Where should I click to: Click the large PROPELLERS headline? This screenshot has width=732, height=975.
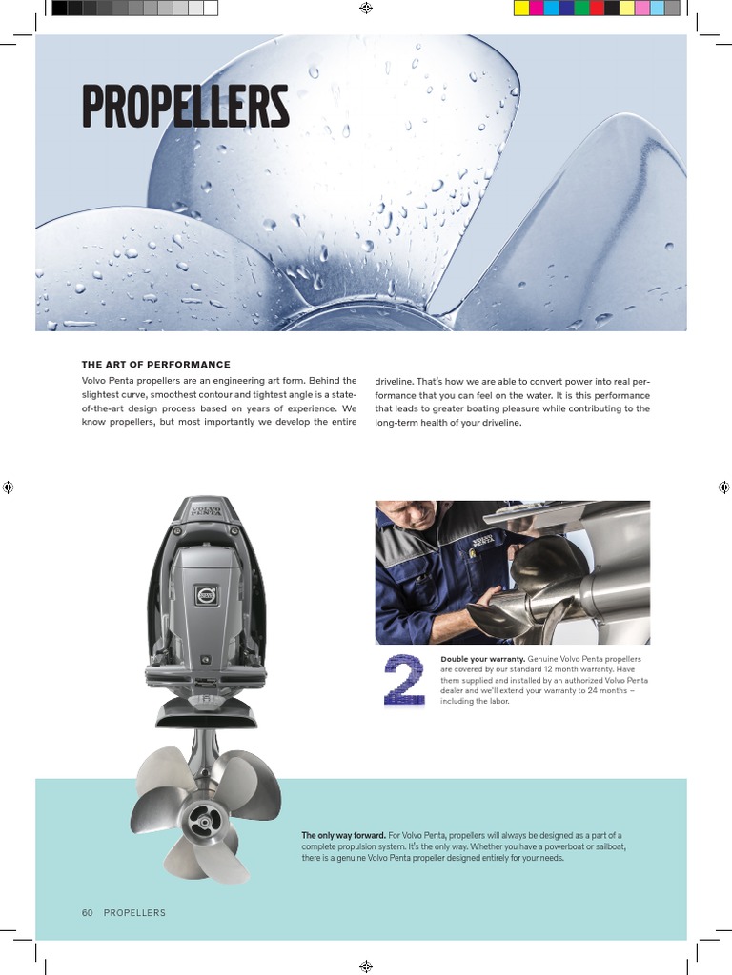tap(185, 107)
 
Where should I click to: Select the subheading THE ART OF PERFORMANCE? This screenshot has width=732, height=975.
tap(156, 365)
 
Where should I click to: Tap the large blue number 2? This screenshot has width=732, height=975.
tap(404, 680)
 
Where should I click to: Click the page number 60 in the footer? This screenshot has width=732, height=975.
tap(87, 913)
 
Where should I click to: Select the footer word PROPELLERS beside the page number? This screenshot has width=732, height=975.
tap(134, 913)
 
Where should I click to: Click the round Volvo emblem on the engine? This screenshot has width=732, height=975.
tap(207, 595)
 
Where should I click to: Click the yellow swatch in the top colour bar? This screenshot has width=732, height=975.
tap(521, 9)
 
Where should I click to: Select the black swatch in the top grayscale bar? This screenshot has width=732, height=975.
tap(59, 9)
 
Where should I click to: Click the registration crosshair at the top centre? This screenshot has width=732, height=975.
tap(366, 9)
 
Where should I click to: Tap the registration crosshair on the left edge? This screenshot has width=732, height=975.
tap(8, 487)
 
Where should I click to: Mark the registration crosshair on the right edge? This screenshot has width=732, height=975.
tap(723, 487)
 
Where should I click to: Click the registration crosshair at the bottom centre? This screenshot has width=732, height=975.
tap(366, 965)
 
